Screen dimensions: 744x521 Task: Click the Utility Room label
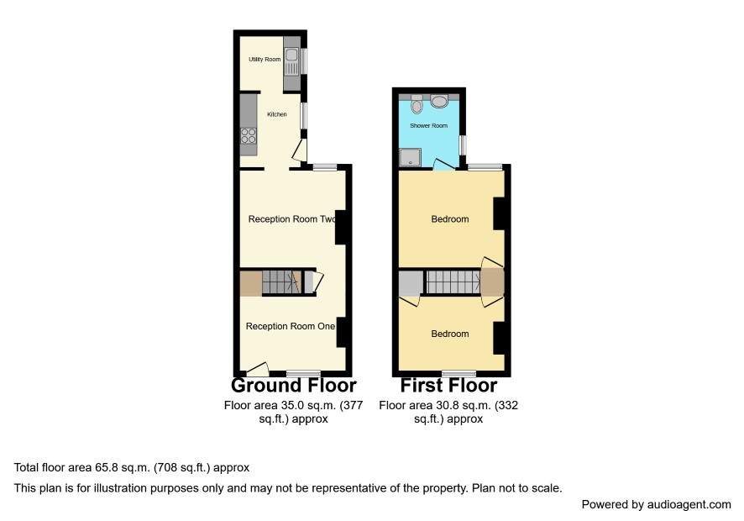[265, 60]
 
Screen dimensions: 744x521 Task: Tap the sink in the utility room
[291, 61]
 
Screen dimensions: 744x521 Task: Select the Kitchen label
[277, 114]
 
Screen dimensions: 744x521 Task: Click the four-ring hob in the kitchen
[249, 136]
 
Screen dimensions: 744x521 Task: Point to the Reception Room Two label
[292, 219]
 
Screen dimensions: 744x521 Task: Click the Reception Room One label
[291, 326]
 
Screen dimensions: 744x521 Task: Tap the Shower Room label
[429, 126]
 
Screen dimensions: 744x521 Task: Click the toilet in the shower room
[417, 104]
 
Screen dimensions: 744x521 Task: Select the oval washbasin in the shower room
[440, 102]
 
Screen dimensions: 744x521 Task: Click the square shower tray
[410, 158]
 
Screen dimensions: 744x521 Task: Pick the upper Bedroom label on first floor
[450, 219]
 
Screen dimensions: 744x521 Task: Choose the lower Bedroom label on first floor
[450, 334]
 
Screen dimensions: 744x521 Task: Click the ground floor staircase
[282, 282]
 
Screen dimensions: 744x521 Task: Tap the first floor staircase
[453, 282]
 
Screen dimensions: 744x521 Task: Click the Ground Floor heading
[294, 385]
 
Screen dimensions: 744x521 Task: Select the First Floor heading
[449, 385]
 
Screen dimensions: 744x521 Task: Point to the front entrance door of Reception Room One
[258, 367]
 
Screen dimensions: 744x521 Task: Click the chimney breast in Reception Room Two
[341, 228]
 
